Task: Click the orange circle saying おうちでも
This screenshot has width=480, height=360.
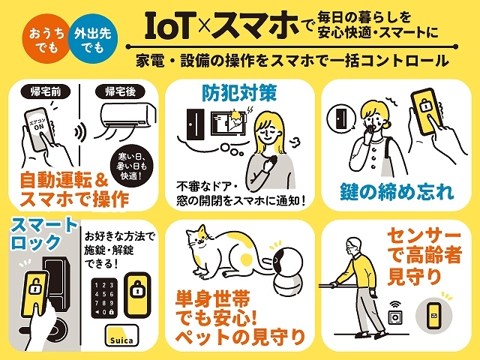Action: pos(46,39)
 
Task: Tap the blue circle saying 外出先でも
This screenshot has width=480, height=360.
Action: pos(93,39)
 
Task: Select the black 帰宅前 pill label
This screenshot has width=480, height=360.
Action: pos(46,91)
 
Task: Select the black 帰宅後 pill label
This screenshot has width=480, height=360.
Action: pos(120,91)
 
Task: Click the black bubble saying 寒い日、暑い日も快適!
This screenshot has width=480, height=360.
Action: pos(132,166)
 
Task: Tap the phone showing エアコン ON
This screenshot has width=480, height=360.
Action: pos(39,129)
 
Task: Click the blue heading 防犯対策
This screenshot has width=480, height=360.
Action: pos(239,92)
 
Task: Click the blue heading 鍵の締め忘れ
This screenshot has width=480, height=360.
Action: pos(397,192)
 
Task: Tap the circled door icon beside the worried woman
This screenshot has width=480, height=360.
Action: pos(341,118)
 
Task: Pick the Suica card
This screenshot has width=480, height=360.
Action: pos(121,336)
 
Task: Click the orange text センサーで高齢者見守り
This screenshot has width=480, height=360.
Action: pos(424,256)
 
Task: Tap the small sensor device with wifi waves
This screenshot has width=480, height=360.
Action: pos(395,313)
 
